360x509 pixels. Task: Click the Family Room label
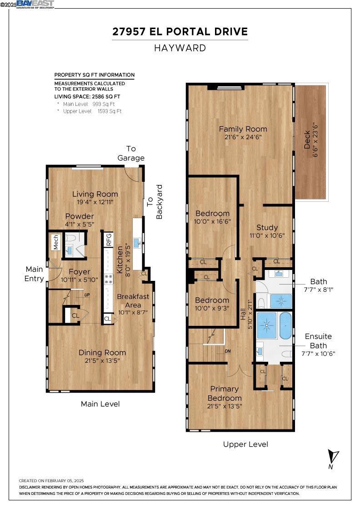coord(243,129)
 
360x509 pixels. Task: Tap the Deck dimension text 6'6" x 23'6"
coord(315,140)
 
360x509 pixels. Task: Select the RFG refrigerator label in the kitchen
coord(109,240)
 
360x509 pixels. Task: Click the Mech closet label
coord(56,242)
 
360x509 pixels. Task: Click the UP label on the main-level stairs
coord(87,295)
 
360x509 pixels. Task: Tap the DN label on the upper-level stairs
coord(228,351)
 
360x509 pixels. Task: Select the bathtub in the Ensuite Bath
coord(285,325)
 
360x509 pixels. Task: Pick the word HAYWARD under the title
coord(180,48)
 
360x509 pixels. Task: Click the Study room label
coord(267,227)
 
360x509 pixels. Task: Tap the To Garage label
coord(131,153)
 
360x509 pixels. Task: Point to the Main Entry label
coord(34,274)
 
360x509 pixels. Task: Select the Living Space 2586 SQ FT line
coord(87,96)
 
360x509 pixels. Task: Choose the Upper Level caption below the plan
coord(245,444)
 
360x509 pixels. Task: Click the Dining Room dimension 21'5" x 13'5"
coord(102,360)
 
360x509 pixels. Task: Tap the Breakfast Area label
coord(133,300)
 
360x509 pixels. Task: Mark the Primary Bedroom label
coord(224,393)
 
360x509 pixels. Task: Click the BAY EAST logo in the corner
coord(35,4)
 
